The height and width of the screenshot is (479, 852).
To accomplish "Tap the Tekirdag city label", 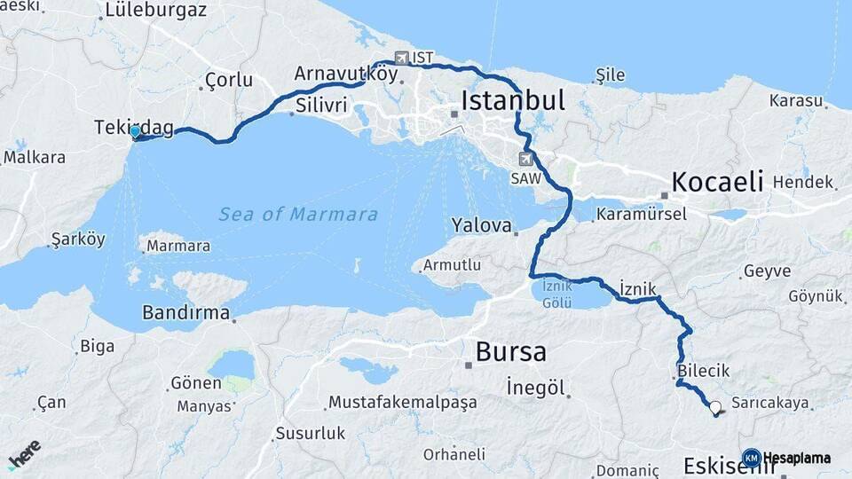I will click(133, 129).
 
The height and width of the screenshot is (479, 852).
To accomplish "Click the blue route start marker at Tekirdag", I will click(135, 132).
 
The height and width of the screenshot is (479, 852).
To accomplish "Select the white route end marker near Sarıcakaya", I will click(715, 407).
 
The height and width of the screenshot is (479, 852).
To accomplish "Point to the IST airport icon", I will click(401, 58).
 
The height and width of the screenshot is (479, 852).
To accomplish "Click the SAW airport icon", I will click(526, 159).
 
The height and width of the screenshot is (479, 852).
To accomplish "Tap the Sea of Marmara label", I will click(298, 214).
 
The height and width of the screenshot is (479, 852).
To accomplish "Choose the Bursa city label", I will click(510, 352).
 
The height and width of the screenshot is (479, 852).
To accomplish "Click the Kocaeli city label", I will click(717, 182).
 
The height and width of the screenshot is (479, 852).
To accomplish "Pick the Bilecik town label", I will click(702, 370).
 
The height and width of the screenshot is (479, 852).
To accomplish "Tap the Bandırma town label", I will click(185, 313).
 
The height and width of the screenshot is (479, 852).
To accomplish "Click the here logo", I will click(24, 453).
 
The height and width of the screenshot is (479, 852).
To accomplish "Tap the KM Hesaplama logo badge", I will click(786, 458).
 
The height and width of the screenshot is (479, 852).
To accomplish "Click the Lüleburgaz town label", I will click(155, 11).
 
